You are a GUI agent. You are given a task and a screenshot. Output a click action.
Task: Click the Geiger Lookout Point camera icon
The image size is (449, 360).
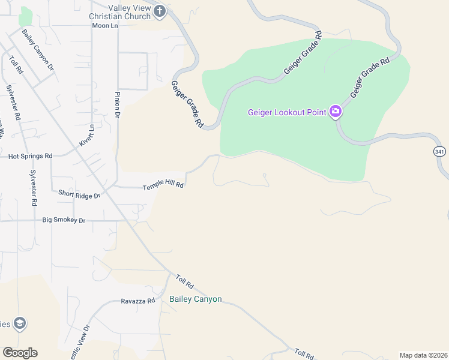click(x=336, y=112)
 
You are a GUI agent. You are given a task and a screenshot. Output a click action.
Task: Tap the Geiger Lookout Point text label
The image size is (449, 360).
click(x=287, y=112)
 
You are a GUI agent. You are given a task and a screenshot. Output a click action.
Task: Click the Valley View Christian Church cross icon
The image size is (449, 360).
click(x=160, y=10)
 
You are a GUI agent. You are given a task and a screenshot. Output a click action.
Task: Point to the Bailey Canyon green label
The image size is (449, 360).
click(x=196, y=299)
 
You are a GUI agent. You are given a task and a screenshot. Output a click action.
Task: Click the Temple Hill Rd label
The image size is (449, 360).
click(x=163, y=187)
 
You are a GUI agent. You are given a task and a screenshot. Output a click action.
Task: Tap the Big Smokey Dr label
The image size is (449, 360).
click(x=64, y=220)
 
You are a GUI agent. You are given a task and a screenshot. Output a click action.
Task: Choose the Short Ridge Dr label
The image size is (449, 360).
click(x=79, y=194)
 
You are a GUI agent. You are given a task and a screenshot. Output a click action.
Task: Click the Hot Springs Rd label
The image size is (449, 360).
click(x=30, y=156)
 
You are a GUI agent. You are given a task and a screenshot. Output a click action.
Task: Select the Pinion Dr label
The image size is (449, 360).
click(x=118, y=105)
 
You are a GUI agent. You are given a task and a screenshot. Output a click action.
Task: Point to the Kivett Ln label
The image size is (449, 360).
click(x=88, y=135)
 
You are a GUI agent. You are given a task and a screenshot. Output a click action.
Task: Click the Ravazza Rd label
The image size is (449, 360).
click(x=137, y=301)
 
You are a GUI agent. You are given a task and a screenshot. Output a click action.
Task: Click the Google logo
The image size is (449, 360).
click(x=20, y=353)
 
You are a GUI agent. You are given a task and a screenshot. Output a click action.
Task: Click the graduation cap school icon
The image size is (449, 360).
click(x=20, y=324)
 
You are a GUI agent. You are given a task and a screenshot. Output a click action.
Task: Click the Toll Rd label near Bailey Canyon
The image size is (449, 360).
click(x=184, y=280)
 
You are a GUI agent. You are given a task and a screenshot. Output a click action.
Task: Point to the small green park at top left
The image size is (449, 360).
click(x=25, y=16)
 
